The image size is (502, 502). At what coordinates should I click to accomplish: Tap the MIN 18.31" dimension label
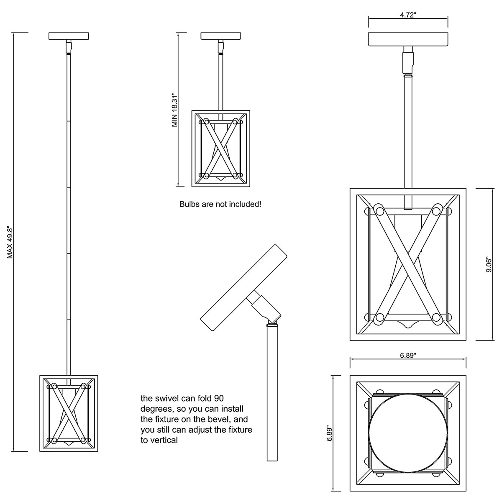175,110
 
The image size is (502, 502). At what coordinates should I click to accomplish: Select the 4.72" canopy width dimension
408,15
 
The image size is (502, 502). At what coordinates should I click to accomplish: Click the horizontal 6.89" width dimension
408,356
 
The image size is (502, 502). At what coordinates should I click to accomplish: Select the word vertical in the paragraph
164,440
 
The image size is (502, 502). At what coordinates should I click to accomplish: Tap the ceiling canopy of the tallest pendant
69,36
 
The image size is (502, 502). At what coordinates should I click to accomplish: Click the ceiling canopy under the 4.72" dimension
408,39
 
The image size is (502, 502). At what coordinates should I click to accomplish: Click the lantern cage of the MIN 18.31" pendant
220,149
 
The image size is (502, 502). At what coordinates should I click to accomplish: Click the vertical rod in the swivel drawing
272,393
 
